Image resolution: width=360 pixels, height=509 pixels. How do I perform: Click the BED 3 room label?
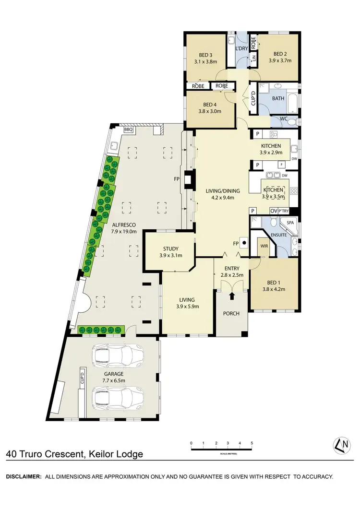[204, 54]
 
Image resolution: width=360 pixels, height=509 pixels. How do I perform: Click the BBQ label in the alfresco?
[129, 130]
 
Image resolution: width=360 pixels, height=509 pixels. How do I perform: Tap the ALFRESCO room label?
[124, 225]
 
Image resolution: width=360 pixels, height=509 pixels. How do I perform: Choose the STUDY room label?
[171, 249]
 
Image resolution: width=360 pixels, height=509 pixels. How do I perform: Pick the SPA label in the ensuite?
[289, 224]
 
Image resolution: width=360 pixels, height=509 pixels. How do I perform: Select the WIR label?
[264, 246]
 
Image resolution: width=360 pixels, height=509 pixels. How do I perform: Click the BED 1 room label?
[273, 282]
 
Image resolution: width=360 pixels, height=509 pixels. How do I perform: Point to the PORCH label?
[232, 314]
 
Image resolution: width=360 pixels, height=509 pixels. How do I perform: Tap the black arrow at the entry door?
[232, 296]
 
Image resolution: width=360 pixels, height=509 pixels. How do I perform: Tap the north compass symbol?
[342, 445]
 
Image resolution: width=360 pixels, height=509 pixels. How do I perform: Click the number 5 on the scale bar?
[252, 443]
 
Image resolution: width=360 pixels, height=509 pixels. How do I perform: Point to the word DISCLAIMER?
[23, 476]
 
